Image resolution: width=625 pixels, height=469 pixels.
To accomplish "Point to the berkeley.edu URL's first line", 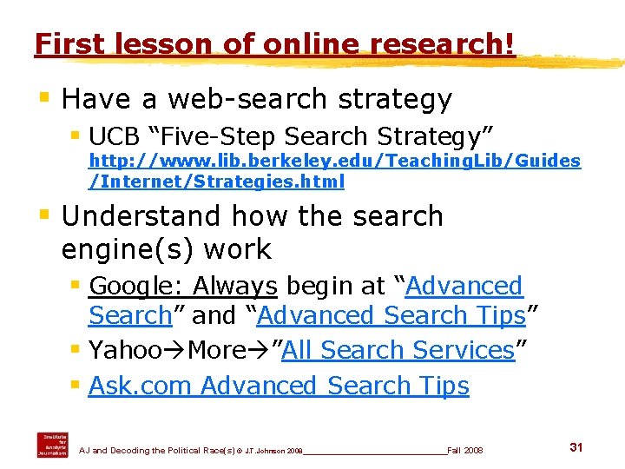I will (x=335, y=161).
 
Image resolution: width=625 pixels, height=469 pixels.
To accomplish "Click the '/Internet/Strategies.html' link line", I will (x=217, y=182).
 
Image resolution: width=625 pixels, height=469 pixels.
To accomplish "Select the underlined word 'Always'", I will (x=234, y=286).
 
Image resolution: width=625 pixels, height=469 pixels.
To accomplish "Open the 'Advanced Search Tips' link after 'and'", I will (x=391, y=315).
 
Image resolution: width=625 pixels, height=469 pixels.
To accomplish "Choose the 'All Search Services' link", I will (x=398, y=350).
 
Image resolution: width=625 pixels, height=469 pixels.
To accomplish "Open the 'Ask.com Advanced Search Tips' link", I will (x=279, y=386).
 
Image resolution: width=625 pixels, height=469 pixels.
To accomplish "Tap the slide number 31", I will (x=576, y=446).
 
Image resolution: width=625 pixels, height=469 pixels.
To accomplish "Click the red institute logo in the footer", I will (x=52, y=444).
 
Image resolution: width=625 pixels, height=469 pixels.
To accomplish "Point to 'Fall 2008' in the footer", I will (x=465, y=450).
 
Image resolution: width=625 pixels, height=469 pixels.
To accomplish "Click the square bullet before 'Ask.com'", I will (x=76, y=385).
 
